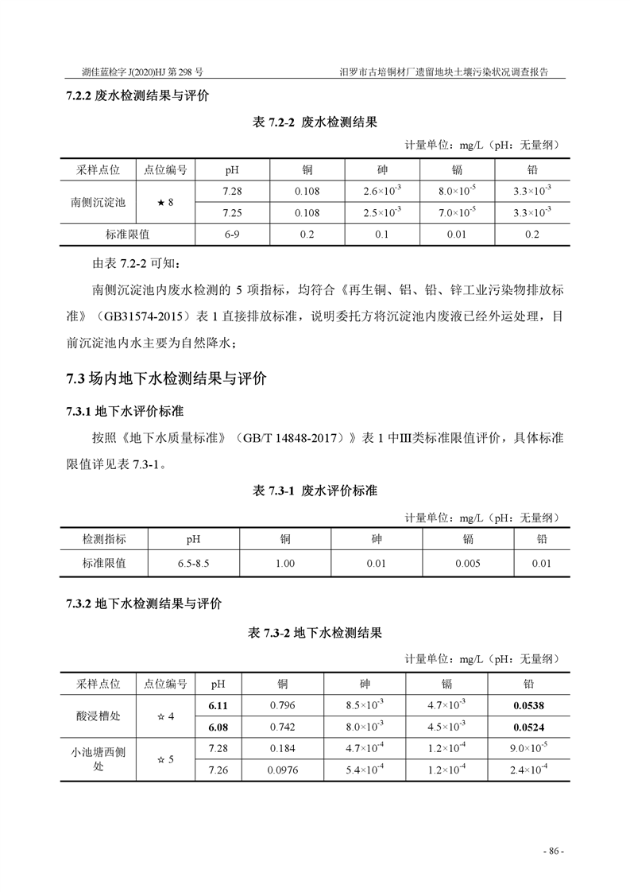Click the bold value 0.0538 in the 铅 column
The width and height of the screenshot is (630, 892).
pyautogui.click(x=528, y=704)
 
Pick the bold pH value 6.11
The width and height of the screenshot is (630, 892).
pyautogui.click(x=218, y=704)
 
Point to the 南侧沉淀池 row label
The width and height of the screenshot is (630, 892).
pyautogui.click(x=98, y=202)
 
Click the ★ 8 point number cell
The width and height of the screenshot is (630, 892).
pyautogui.click(x=165, y=202)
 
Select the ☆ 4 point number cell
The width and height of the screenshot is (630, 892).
pyautogui.click(x=165, y=716)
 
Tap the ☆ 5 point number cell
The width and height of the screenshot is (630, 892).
pyautogui.click(x=165, y=759)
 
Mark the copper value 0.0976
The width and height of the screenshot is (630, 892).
pyautogui.click(x=282, y=770)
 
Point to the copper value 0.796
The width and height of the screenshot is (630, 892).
pyautogui.click(x=282, y=704)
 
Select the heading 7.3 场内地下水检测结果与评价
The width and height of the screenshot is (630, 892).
pyautogui.click(x=166, y=378)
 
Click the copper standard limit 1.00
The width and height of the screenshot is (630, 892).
pyautogui.click(x=284, y=564)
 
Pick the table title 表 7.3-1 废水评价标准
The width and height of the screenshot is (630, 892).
pyautogui.click(x=315, y=491)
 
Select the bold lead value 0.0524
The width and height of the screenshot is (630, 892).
pyautogui.click(x=528, y=727)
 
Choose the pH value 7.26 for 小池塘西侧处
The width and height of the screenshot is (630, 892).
pyautogui.click(x=218, y=770)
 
